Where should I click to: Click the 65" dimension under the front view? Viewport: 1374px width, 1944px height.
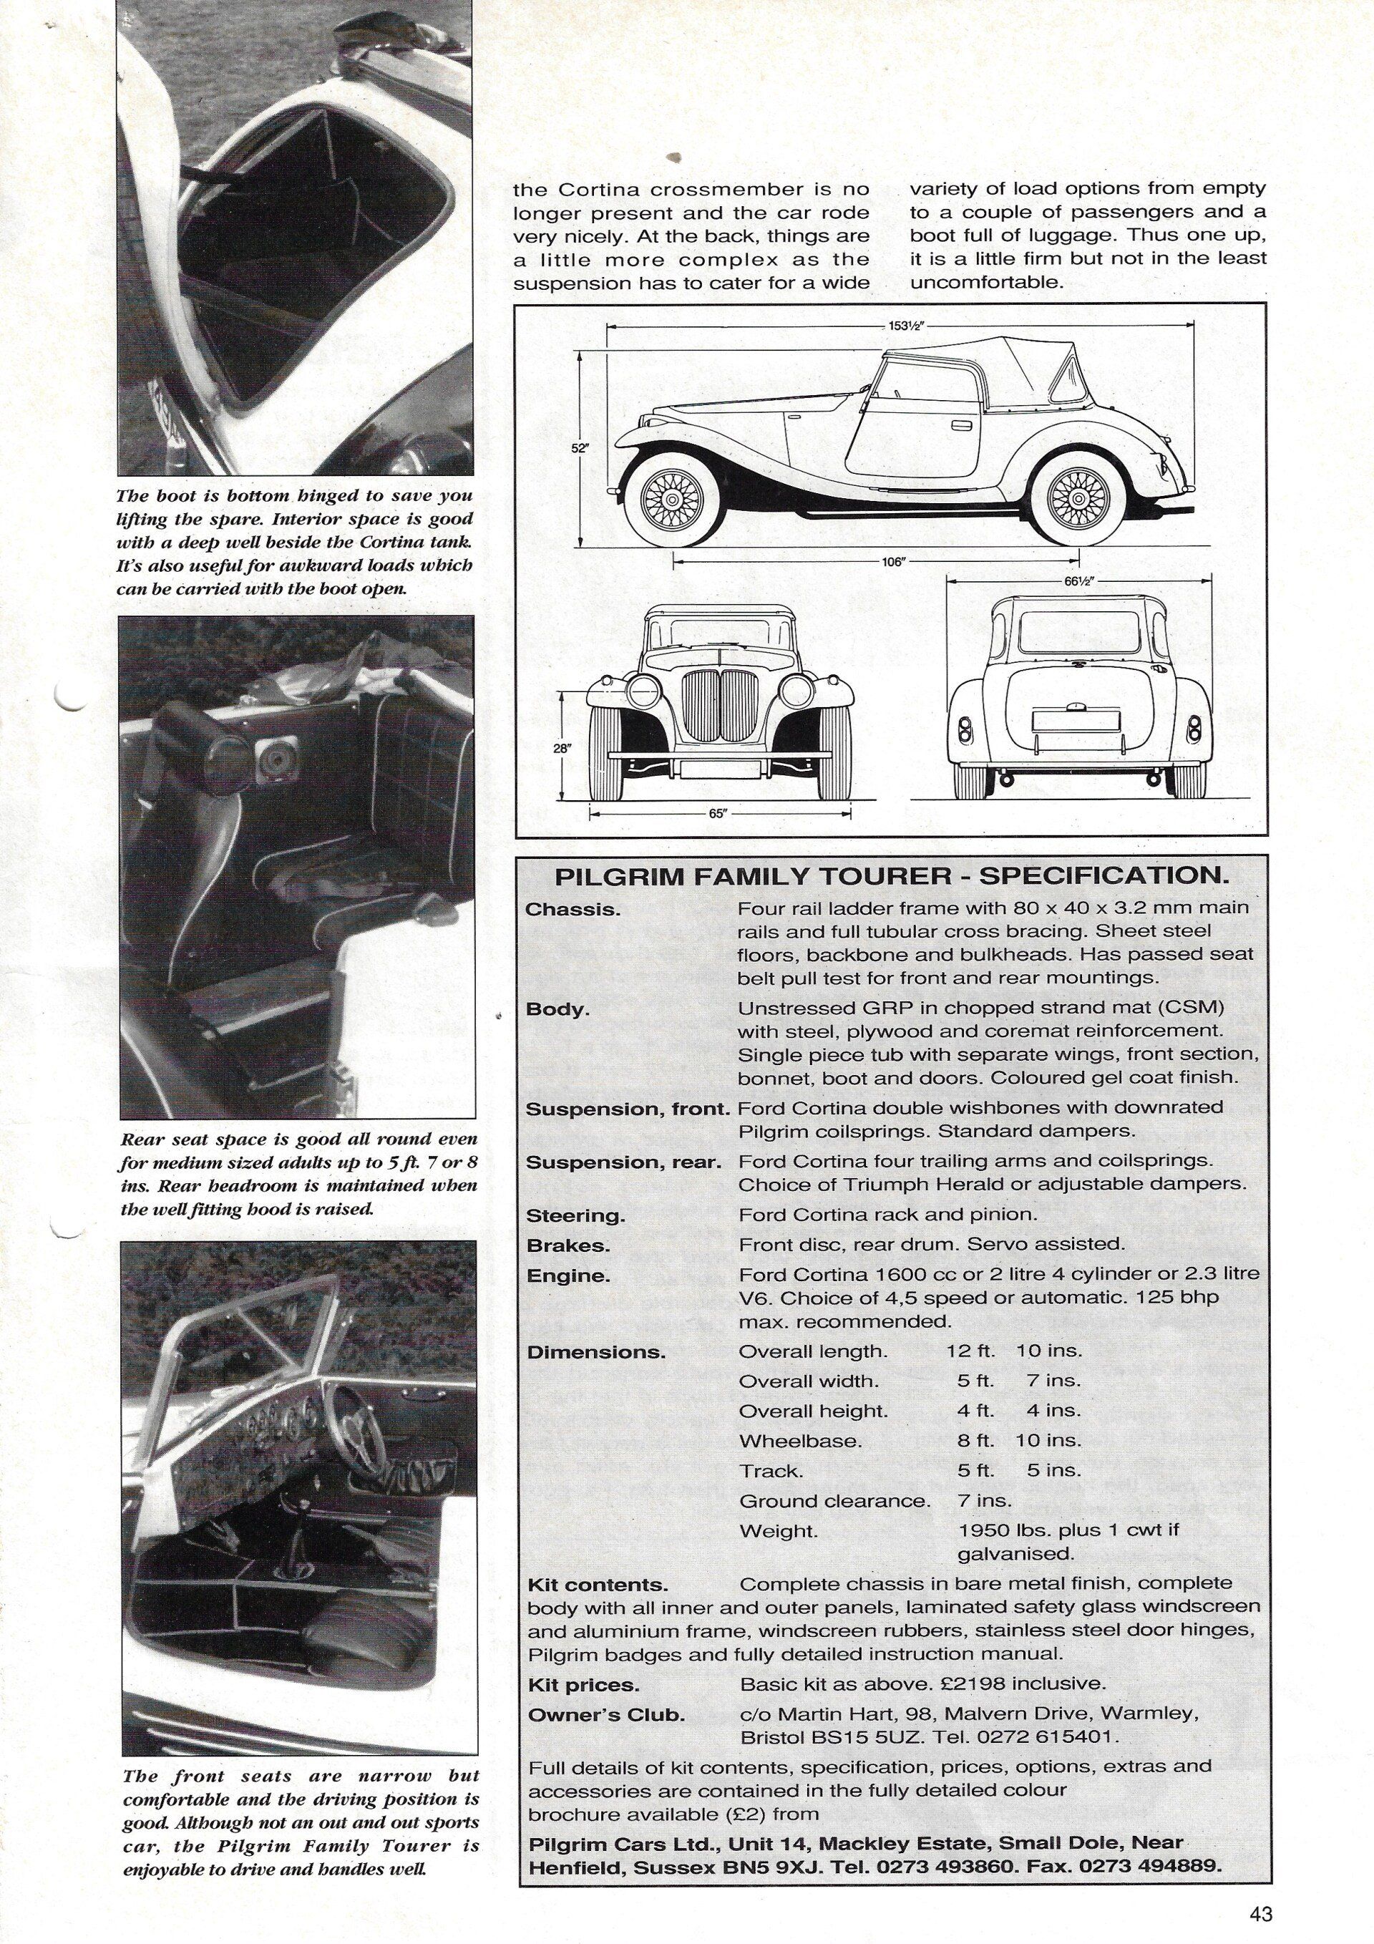tap(717, 814)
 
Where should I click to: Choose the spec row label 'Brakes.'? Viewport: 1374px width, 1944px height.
tap(555, 1245)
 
